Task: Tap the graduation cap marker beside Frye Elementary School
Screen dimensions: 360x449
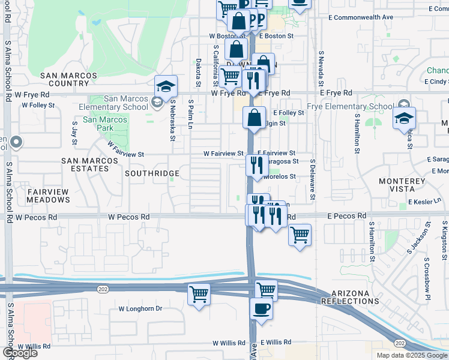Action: [405, 118]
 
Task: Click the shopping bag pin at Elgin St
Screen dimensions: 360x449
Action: [255, 117]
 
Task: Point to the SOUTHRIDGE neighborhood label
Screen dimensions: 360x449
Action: [152, 173]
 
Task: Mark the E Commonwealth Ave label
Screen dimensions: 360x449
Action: [361, 17]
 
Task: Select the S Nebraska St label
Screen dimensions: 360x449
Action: [172, 120]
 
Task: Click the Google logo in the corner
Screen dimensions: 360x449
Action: [20, 353]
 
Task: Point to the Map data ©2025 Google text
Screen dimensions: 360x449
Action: [411, 355]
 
